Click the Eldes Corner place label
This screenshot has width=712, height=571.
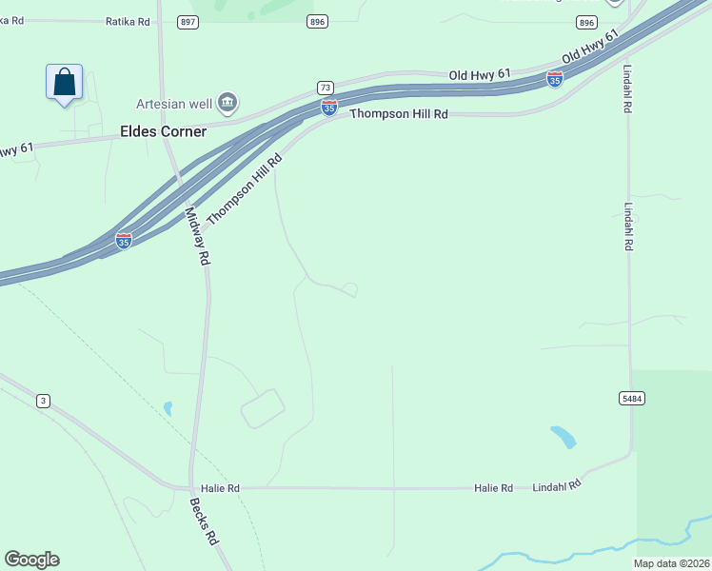[163, 131]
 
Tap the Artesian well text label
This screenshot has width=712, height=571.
[175, 103]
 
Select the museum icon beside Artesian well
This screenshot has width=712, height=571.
[227, 102]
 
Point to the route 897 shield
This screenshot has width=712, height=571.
[188, 21]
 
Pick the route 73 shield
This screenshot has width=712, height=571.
[325, 88]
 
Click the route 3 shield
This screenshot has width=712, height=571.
[43, 401]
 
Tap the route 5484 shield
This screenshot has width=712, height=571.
[629, 397]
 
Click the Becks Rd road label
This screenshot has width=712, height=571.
[205, 522]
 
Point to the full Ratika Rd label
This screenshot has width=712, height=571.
[129, 20]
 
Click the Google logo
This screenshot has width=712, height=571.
[31, 560]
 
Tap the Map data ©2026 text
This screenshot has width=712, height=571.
[670, 563]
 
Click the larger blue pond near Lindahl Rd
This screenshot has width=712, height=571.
[564, 437]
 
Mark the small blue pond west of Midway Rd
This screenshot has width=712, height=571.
[168, 408]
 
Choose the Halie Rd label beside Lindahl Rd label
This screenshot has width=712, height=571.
[493, 488]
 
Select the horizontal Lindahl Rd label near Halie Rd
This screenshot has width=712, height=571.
[556, 484]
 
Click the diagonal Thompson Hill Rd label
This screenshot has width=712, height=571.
[245, 190]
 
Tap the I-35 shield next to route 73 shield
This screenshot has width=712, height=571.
[328, 108]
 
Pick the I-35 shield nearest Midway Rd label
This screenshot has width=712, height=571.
[124, 241]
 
